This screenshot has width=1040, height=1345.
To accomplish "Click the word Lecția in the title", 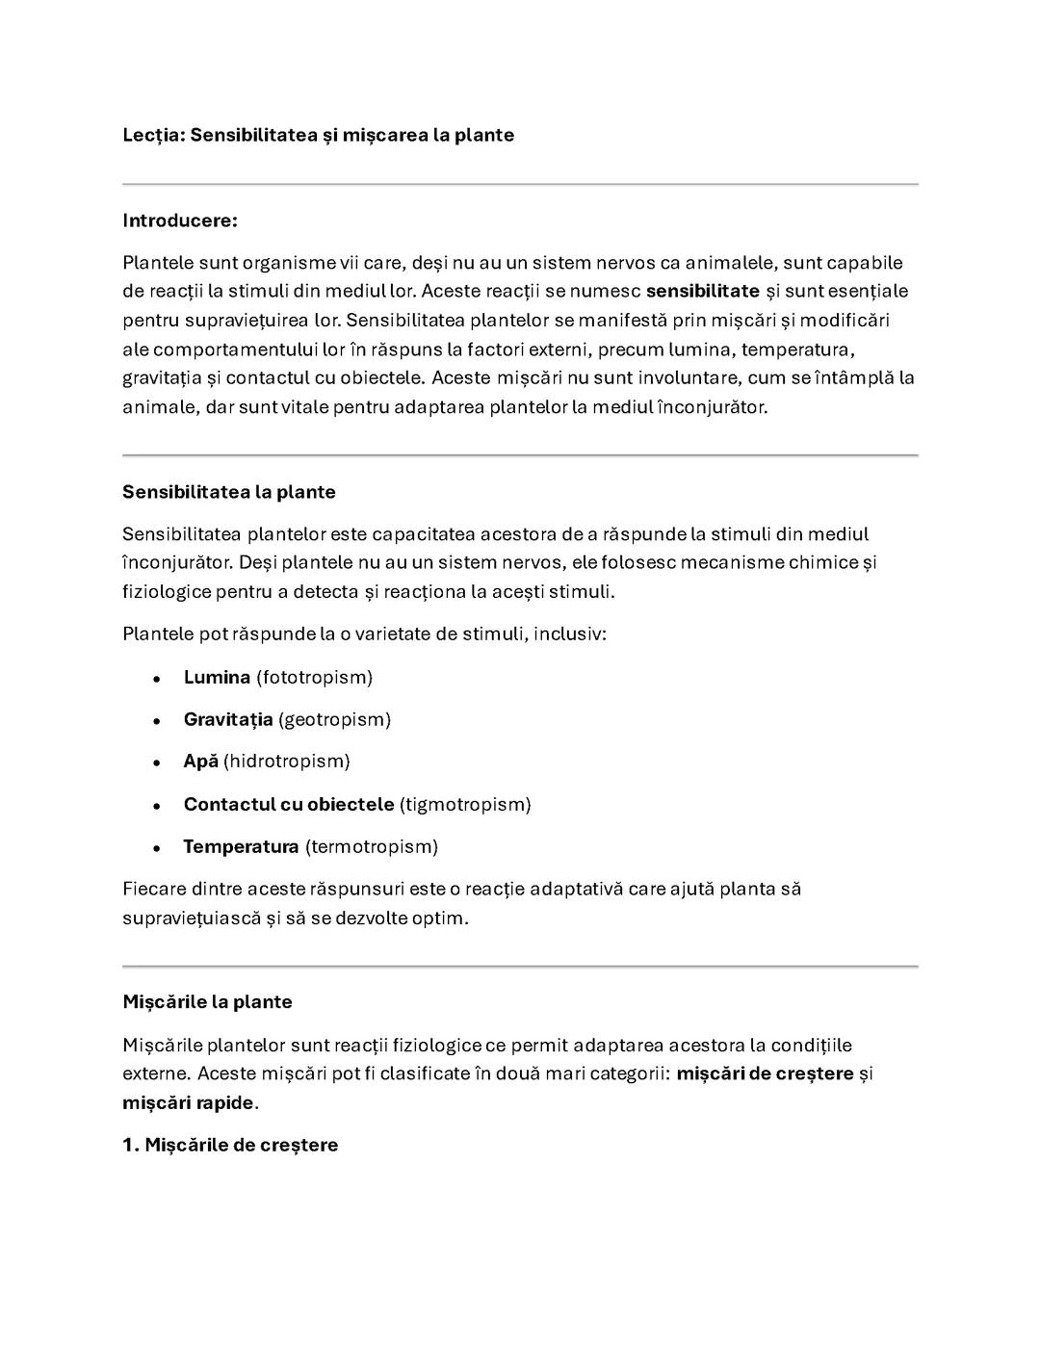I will tap(149, 135).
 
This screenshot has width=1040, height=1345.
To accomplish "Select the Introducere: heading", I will tap(180, 220).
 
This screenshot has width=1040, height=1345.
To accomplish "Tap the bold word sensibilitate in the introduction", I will tap(702, 291).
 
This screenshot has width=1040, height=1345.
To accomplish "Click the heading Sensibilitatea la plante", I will tap(229, 492).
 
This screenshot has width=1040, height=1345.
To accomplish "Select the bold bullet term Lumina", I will tap(217, 677).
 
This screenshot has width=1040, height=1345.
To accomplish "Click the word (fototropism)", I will tap(314, 677).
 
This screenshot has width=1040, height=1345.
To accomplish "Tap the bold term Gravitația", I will tap(228, 719).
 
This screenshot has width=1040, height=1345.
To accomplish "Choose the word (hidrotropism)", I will tap(287, 762).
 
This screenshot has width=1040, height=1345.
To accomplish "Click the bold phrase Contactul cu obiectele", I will tap(289, 804).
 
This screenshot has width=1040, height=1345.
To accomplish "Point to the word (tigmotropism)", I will tap(465, 804).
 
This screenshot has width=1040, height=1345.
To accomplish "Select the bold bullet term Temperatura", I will tap(241, 846).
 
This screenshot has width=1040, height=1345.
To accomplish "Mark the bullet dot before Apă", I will tap(156, 763).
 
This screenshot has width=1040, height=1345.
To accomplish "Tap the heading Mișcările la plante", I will tap(207, 1001).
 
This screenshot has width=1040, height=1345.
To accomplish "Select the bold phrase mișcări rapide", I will tap(188, 1102).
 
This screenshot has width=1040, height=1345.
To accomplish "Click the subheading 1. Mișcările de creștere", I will tap(230, 1145).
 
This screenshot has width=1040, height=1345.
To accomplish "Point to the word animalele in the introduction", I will tap(733, 263).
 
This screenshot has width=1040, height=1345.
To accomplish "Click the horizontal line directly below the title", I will tap(520, 184).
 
